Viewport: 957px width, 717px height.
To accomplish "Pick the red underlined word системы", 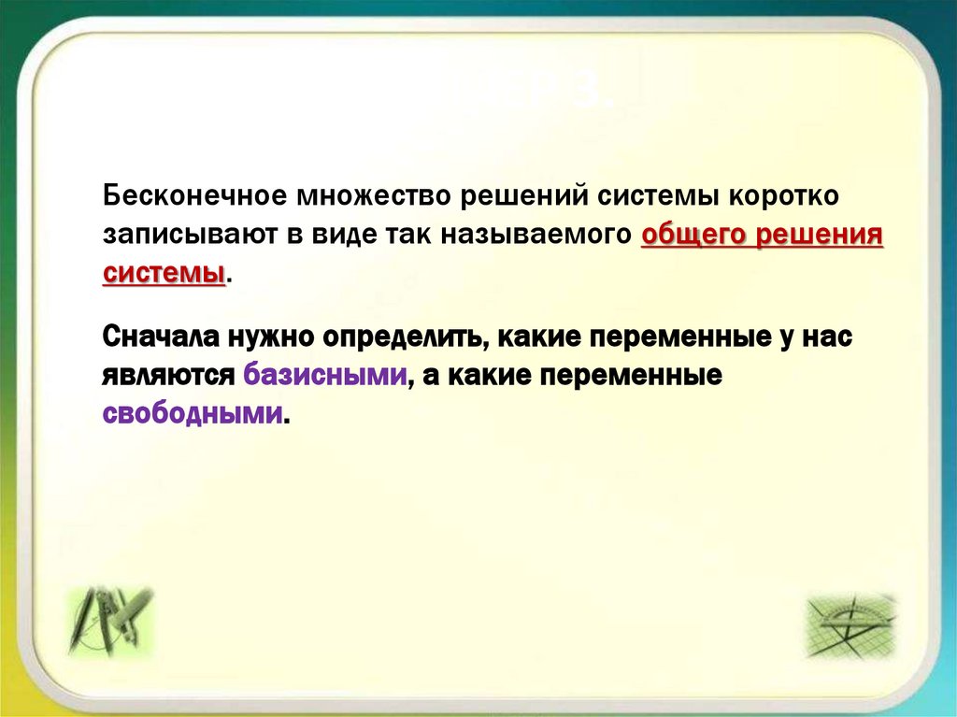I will point(164,273).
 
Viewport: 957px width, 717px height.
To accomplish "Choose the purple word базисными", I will point(325,375).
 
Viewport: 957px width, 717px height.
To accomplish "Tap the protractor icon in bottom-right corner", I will point(850,624).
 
